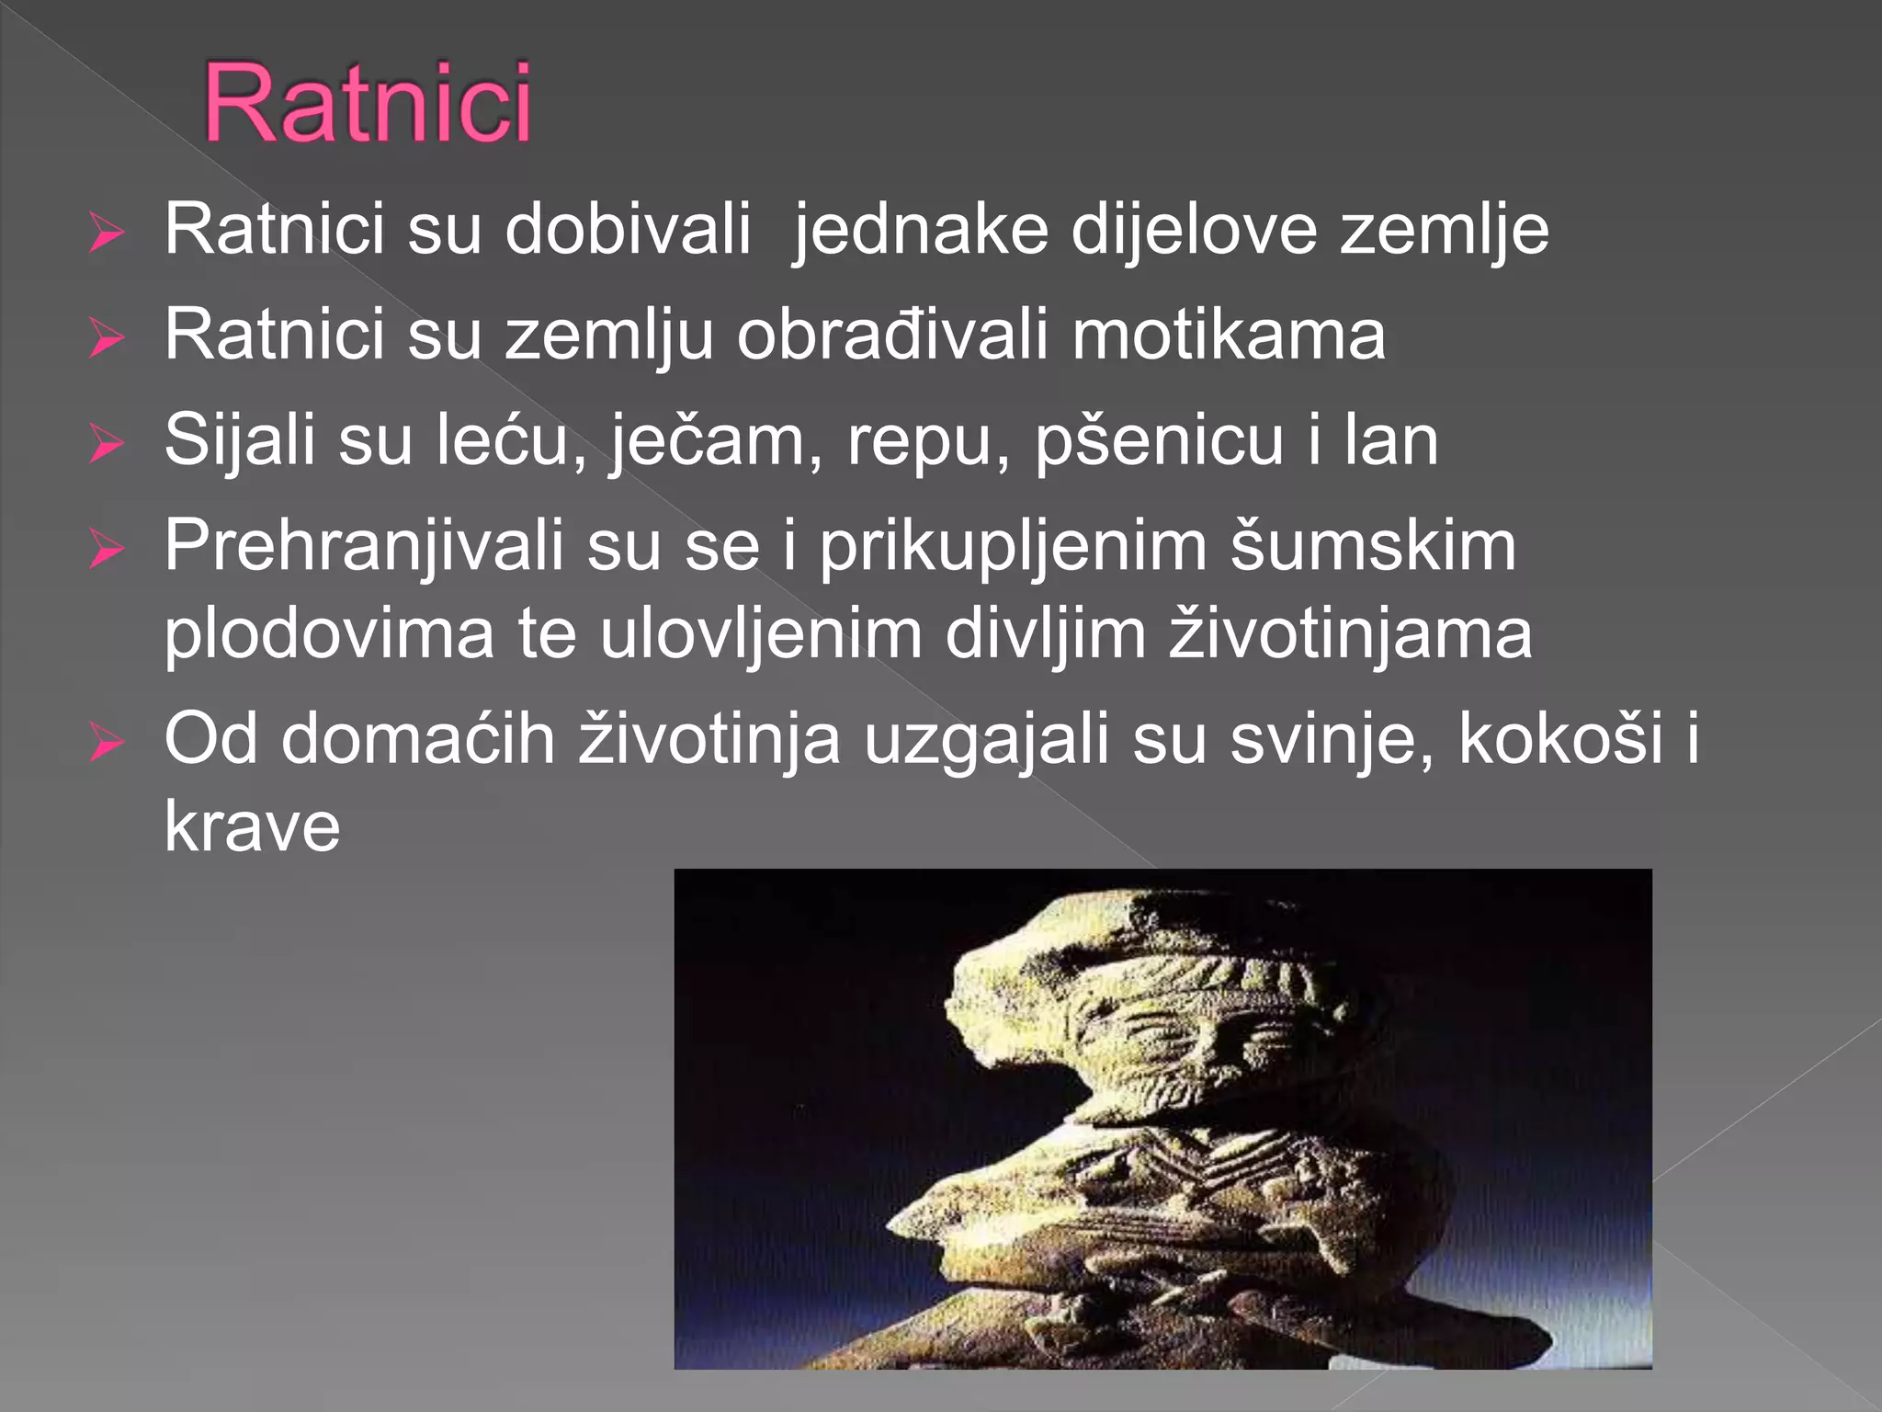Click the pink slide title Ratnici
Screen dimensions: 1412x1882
coord(367,103)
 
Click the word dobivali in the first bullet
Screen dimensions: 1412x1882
coord(628,230)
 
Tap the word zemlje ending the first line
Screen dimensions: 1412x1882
coord(1444,230)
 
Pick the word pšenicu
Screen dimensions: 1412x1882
coord(1159,441)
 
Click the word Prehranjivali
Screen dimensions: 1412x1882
coord(364,547)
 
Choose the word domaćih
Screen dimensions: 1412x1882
coord(418,740)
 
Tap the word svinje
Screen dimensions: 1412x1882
coord(1332,740)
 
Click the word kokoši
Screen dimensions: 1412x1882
coord(1560,740)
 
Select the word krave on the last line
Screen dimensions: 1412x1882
coord(253,827)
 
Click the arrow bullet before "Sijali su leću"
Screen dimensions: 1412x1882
coord(107,444)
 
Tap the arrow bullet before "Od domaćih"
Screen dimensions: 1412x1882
coord(107,743)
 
